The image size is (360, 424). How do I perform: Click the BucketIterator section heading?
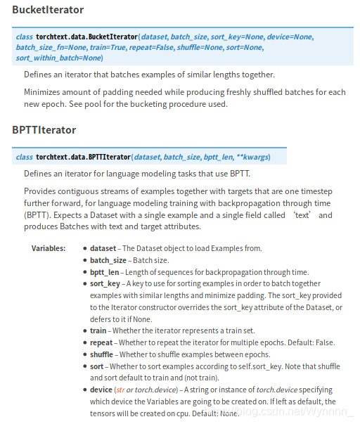tap(48, 10)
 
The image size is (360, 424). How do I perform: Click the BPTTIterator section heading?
tap(44, 130)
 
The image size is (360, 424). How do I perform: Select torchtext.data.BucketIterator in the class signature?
tap(86, 36)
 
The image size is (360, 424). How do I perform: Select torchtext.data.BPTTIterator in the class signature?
tap(83, 157)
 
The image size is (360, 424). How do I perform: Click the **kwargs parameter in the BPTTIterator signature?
tap(252, 157)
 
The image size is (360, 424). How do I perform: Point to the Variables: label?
tap(49, 248)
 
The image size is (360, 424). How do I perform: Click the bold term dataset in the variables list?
tap(103, 248)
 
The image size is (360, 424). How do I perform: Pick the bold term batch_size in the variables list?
tap(108, 260)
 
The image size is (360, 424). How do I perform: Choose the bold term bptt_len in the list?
tap(105, 272)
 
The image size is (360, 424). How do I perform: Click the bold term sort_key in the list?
tap(105, 284)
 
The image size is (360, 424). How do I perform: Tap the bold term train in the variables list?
tap(98, 330)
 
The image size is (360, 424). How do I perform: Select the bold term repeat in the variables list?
tap(101, 342)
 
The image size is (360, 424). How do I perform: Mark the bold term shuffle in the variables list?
tap(102, 354)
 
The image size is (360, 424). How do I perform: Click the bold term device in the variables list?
tap(101, 390)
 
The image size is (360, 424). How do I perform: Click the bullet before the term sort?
tap(84, 366)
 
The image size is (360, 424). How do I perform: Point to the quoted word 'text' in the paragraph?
tap(304, 215)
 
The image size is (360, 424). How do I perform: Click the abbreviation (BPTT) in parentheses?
tap(37, 215)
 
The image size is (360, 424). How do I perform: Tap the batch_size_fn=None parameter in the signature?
tap(47, 47)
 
